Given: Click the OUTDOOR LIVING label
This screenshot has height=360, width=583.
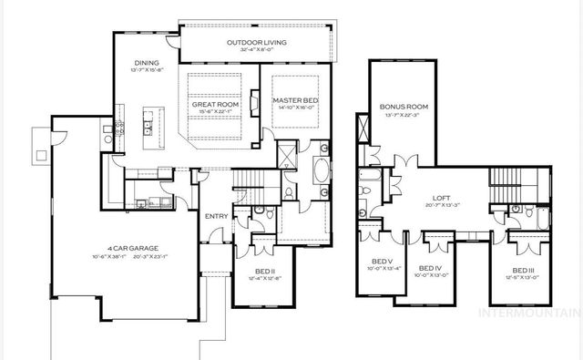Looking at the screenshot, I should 256,42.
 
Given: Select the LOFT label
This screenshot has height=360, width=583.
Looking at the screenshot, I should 444,198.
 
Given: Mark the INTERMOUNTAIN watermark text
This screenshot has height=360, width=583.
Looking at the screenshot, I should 537,313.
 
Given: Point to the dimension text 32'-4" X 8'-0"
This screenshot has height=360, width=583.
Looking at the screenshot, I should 256,50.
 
